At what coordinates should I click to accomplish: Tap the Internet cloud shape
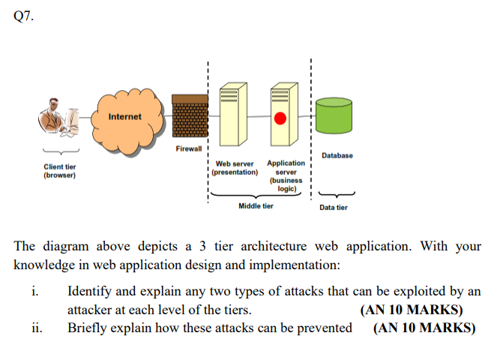point(124,117)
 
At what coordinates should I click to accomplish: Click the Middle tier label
point(256,205)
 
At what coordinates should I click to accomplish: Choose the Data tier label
point(333,207)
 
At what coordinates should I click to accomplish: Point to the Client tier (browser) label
point(59,170)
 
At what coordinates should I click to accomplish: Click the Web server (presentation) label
point(235,167)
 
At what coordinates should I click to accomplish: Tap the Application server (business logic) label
point(286,175)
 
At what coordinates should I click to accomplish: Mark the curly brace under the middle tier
point(256,196)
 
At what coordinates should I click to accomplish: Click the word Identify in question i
point(91,292)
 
